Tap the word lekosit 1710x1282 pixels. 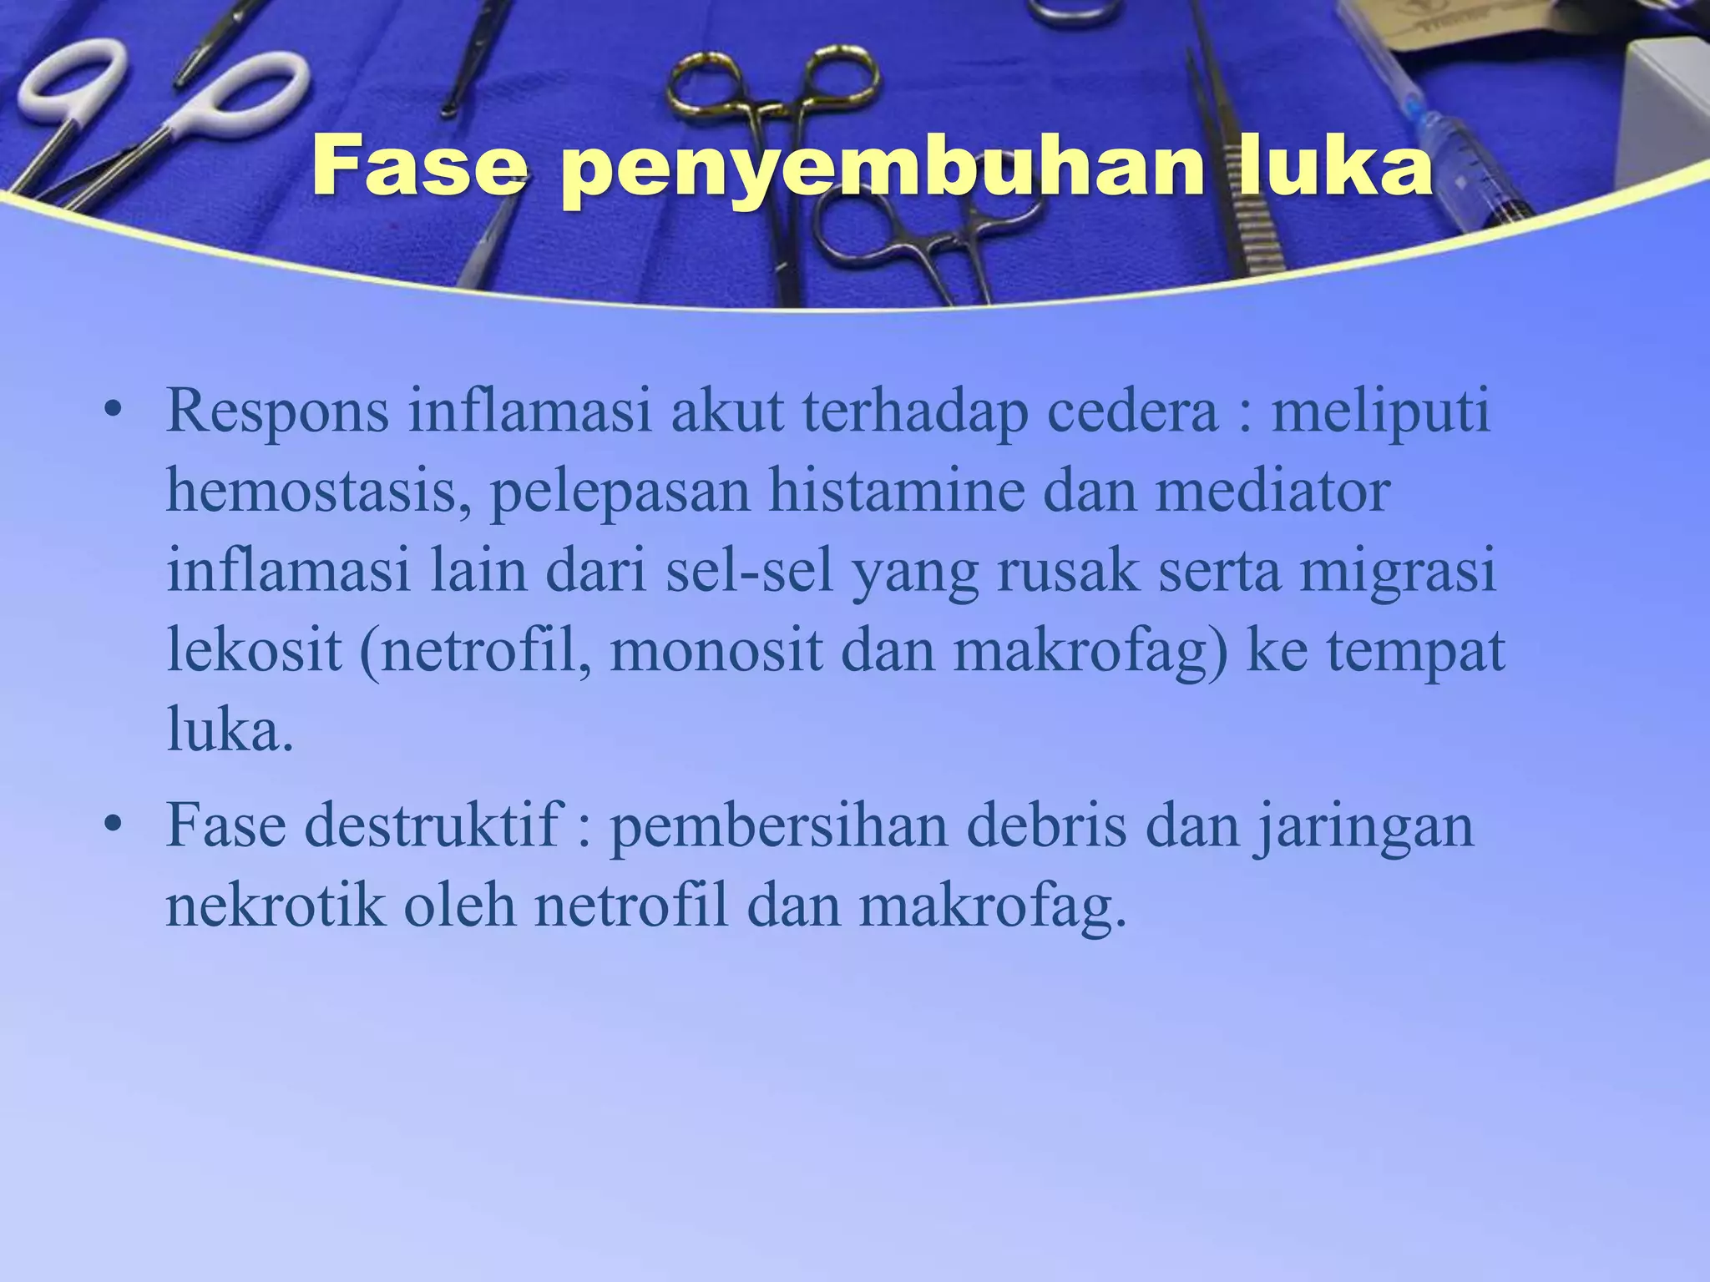tap(254, 651)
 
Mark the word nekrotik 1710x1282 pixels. tap(276, 905)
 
